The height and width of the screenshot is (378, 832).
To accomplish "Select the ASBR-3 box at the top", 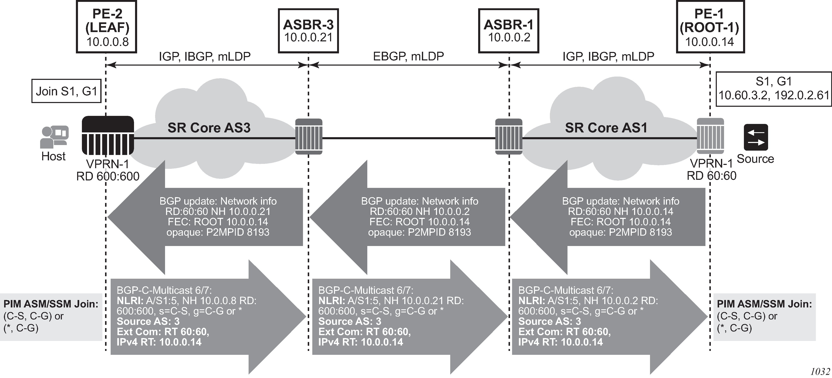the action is pos(308,31).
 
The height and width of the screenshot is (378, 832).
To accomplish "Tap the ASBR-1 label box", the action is pos(509,31).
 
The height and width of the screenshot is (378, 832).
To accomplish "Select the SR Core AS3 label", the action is pos(209,128).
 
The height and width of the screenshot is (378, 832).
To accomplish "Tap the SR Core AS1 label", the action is pos(606,128).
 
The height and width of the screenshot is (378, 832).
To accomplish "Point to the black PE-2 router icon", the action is pos(108,135).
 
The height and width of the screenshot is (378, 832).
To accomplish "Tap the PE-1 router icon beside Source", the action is pos(710,136).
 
